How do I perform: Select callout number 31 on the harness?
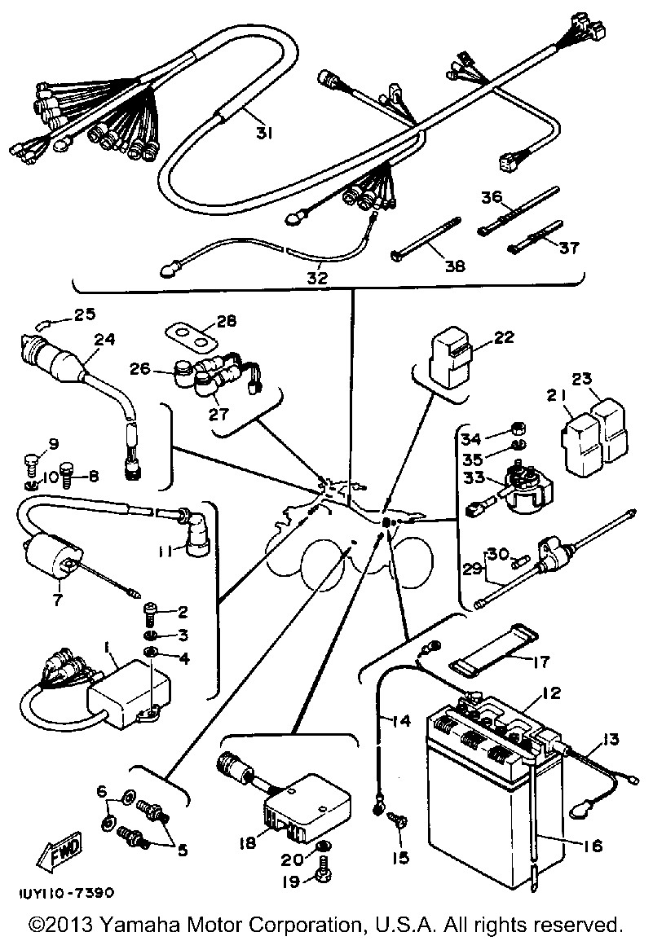262,134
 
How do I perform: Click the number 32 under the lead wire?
316,276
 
